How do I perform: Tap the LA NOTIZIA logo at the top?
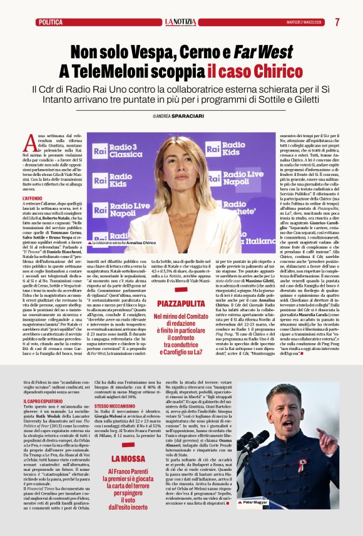181,22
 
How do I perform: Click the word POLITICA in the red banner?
50,22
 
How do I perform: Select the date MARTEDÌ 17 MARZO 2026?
305,22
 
